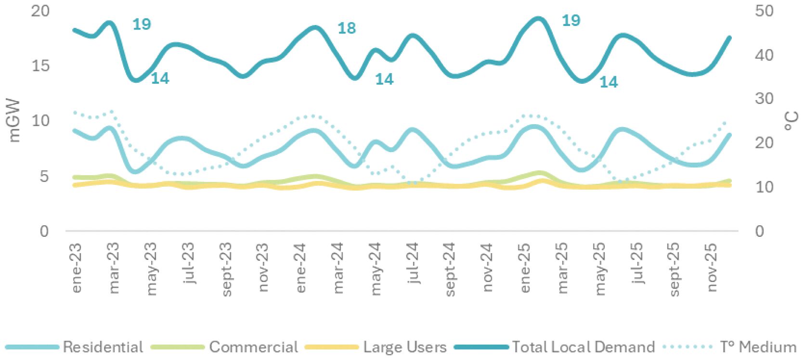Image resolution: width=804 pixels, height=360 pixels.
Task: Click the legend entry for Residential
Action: click(x=74, y=347)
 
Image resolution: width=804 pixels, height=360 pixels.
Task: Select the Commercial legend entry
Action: click(x=224, y=347)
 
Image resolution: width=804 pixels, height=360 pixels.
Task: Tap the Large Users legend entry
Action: click(x=376, y=347)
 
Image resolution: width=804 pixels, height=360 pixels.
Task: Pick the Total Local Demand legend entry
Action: click(x=555, y=347)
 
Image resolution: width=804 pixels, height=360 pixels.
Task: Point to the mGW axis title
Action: click(x=14, y=121)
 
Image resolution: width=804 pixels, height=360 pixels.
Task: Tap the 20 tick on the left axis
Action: click(x=40, y=11)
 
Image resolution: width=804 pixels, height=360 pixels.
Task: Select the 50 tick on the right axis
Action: click(x=764, y=11)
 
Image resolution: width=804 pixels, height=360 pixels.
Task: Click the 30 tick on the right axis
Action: click(x=764, y=99)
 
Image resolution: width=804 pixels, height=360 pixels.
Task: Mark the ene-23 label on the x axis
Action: click(x=77, y=268)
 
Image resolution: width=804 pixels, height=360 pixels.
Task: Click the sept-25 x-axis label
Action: click(x=675, y=270)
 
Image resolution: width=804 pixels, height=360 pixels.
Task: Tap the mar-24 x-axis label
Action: click(x=338, y=268)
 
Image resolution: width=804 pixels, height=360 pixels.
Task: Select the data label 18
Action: click(x=347, y=28)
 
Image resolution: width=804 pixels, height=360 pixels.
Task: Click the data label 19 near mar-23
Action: click(x=142, y=25)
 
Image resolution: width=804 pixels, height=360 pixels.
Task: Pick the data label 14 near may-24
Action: click(x=384, y=79)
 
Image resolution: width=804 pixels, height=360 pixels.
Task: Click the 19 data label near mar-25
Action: click(x=571, y=21)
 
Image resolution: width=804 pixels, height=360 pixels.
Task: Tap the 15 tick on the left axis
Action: click(x=40, y=66)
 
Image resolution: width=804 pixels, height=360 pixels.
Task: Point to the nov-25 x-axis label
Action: click(x=712, y=268)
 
